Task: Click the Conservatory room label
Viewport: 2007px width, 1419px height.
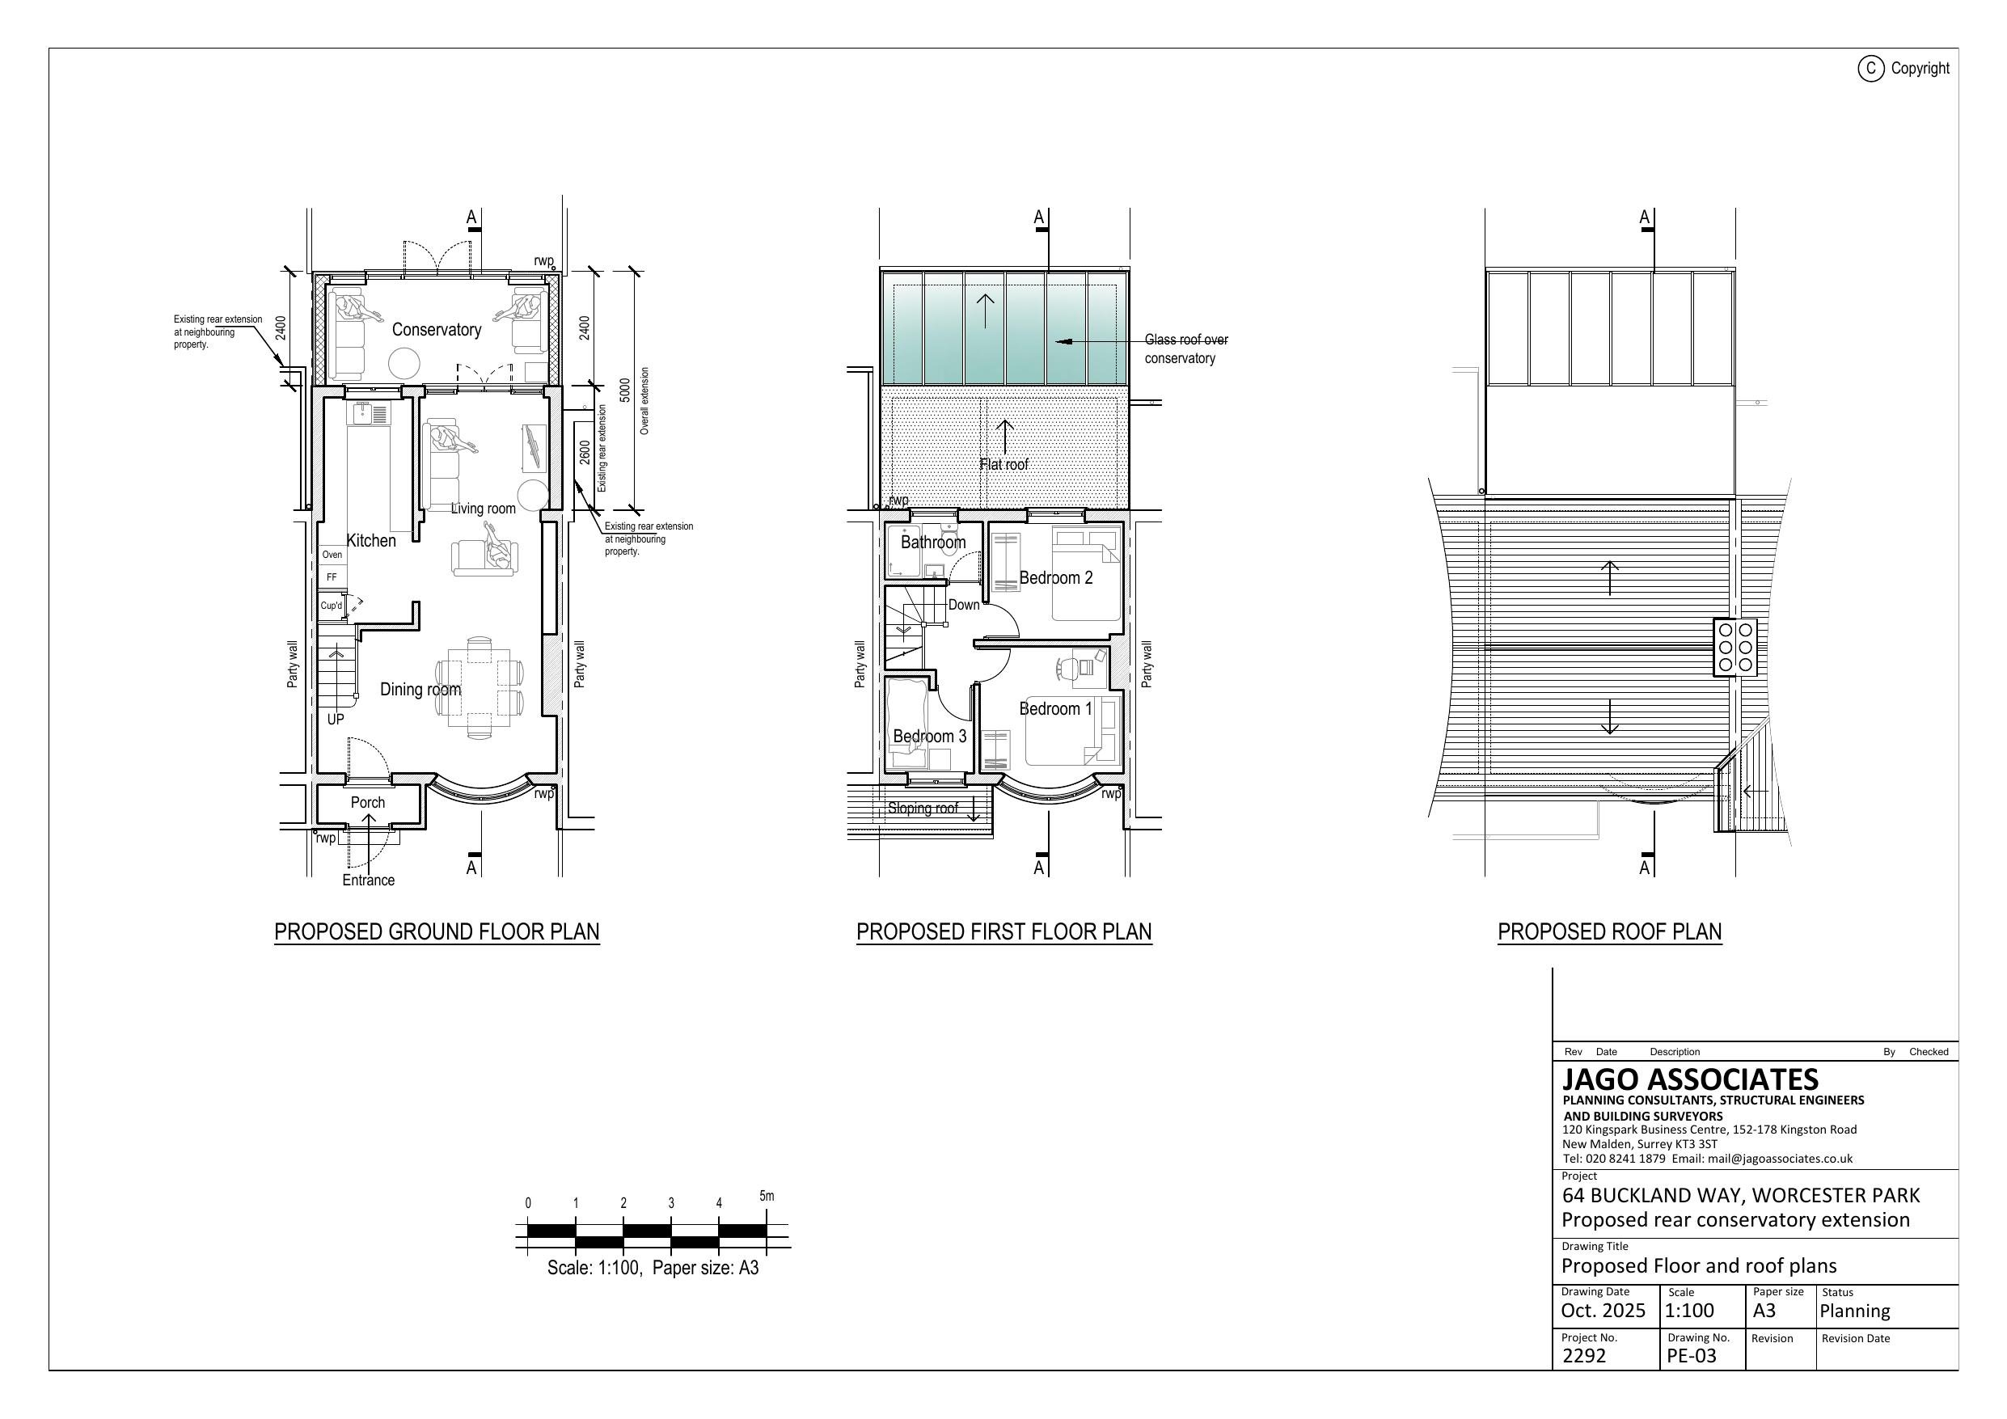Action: pyautogui.click(x=436, y=330)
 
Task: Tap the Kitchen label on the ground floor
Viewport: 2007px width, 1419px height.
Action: pyautogui.click(x=371, y=540)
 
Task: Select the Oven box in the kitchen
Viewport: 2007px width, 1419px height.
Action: pyautogui.click(x=332, y=555)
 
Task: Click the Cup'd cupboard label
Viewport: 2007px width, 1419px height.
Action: pyautogui.click(x=332, y=605)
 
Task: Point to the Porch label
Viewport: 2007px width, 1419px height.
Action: pyautogui.click(x=368, y=802)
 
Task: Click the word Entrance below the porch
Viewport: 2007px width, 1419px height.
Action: pyautogui.click(x=368, y=880)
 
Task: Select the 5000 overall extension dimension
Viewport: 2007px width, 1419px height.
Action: pyautogui.click(x=624, y=391)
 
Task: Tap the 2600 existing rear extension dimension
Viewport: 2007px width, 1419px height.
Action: pyautogui.click(x=585, y=452)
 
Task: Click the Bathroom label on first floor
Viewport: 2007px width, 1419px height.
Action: pyautogui.click(x=934, y=542)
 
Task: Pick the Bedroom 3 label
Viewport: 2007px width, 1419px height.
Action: pyautogui.click(x=929, y=736)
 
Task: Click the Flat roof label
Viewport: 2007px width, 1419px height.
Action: pyautogui.click(x=1003, y=464)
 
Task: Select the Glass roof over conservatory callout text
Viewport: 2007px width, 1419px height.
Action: pyautogui.click(x=1185, y=348)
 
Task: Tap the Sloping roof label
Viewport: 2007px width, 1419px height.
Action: pyautogui.click(x=922, y=808)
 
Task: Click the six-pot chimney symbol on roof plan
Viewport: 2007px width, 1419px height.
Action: pyautogui.click(x=1735, y=647)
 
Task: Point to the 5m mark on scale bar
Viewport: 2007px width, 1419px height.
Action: pyautogui.click(x=767, y=1195)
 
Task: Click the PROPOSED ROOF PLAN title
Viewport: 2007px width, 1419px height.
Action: pyautogui.click(x=1609, y=932)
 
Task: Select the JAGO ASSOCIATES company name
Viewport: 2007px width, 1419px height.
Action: pyautogui.click(x=1690, y=1079)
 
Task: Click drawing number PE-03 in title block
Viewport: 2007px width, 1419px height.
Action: pyautogui.click(x=1692, y=1355)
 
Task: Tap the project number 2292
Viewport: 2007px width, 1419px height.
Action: pyautogui.click(x=1584, y=1355)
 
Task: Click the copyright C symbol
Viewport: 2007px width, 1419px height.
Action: pyautogui.click(x=1870, y=68)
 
